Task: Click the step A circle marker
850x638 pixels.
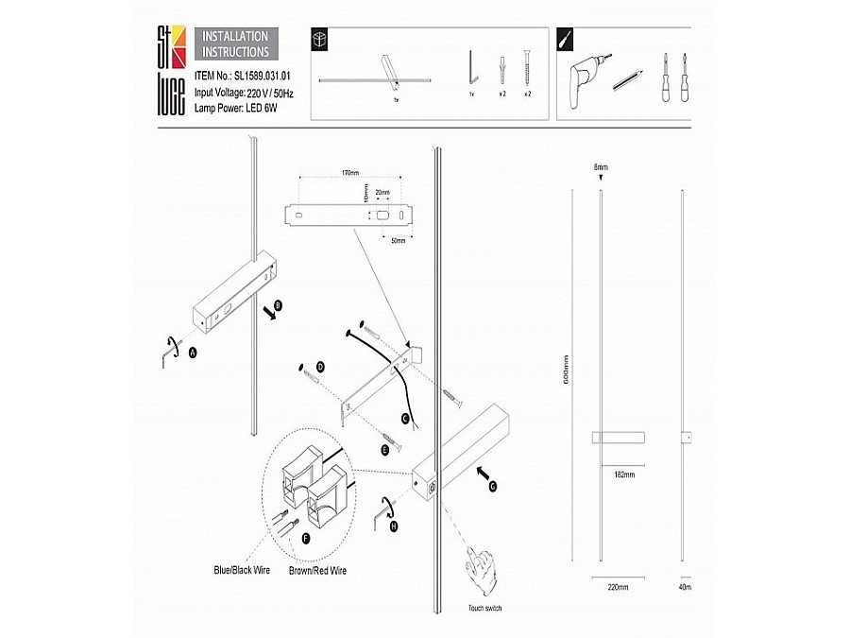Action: tap(193, 352)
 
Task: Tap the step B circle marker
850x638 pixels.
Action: tap(278, 305)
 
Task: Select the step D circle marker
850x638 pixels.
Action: tap(320, 366)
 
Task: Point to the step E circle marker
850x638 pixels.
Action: tap(384, 451)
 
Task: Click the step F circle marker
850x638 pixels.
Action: tap(305, 537)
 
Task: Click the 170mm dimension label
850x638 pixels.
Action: tap(349, 174)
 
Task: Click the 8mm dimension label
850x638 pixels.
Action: tap(601, 167)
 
